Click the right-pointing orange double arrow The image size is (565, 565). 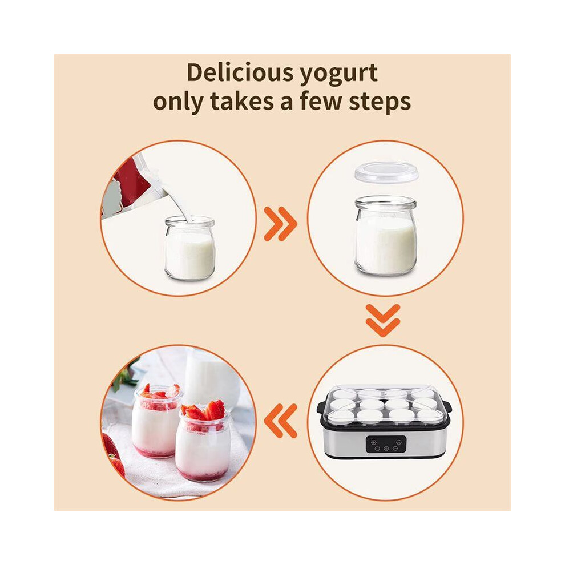(x=280, y=224)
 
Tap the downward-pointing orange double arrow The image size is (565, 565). (x=383, y=320)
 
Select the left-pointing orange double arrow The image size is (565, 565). (x=280, y=421)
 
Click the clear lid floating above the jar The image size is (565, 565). (x=386, y=172)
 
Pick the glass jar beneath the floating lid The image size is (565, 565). (x=385, y=236)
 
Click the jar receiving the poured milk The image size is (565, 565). (x=189, y=248)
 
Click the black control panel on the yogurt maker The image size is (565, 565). (x=386, y=444)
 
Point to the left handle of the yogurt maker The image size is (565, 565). (x=321, y=407)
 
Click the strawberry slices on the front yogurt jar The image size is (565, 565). (x=204, y=411)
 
